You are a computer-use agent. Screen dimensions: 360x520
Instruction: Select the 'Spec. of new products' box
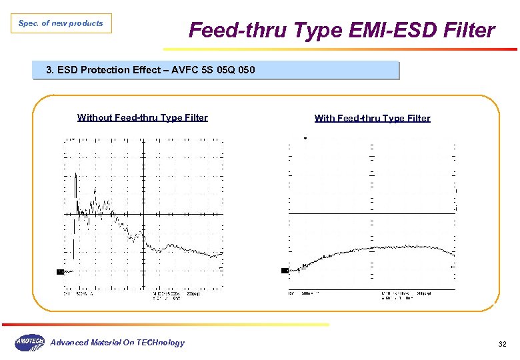pyautogui.click(x=61, y=24)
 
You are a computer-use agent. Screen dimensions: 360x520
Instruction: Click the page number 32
pyautogui.click(x=503, y=344)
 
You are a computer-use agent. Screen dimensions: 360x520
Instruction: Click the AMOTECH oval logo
pyautogui.click(x=29, y=343)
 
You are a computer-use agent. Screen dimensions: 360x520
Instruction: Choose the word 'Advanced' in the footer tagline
pyautogui.click(x=69, y=343)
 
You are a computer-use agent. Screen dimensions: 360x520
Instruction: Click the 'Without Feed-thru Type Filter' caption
pyautogui.click(x=143, y=118)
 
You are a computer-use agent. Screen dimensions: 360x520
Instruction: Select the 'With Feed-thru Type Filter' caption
pyautogui.click(x=372, y=119)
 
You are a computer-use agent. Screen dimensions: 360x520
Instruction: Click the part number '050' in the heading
pyautogui.click(x=245, y=70)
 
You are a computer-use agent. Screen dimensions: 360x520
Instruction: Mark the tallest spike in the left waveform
pyautogui.click(x=75, y=175)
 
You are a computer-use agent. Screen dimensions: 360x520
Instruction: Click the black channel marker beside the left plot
pyautogui.click(x=60, y=272)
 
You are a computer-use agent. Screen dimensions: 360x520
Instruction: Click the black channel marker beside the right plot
pyautogui.click(x=285, y=271)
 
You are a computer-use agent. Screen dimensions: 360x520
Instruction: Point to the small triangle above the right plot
pyautogui.click(x=305, y=139)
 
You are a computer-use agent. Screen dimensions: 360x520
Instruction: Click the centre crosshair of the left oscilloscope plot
pyautogui.click(x=143, y=214)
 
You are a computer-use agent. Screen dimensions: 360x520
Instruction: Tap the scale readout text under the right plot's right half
pyautogui.click(x=406, y=295)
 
